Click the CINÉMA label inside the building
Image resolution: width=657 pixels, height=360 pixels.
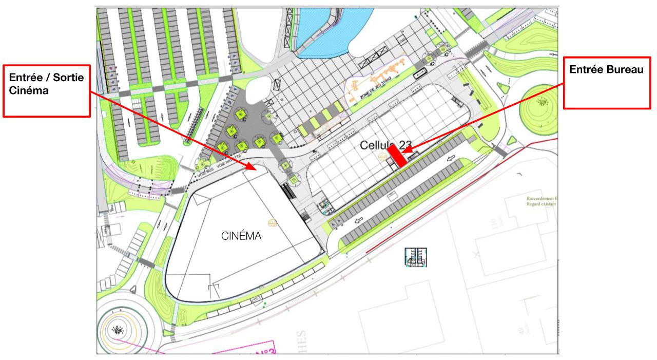point(241,237)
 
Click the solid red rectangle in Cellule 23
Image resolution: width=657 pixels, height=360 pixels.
point(397,155)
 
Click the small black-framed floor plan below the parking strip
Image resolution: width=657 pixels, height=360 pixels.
point(416,257)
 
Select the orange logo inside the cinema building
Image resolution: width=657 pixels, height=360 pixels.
point(273,223)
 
